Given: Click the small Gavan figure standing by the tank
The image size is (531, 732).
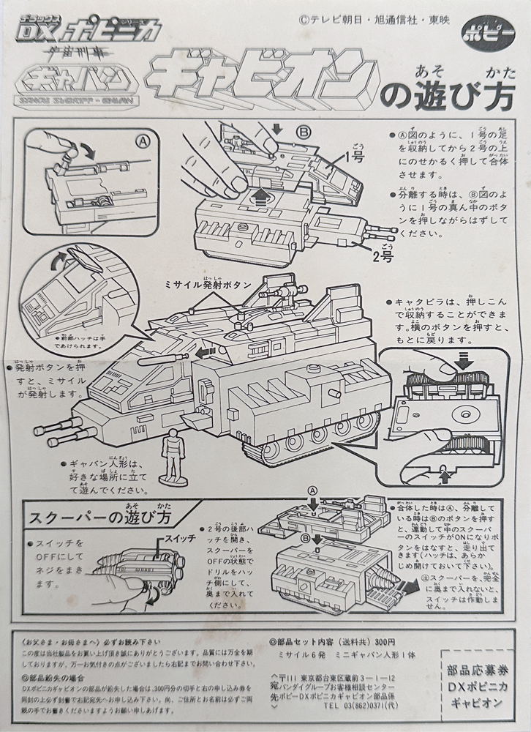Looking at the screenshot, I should click(x=173, y=453).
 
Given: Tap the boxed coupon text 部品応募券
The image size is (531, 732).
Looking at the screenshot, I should click(x=478, y=668).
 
